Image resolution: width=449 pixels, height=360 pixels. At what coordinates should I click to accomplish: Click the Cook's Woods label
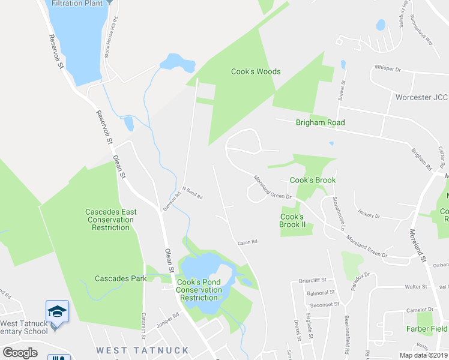click(x=256, y=71)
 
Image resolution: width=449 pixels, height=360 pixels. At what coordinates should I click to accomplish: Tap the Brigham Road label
click(x=321, y=122)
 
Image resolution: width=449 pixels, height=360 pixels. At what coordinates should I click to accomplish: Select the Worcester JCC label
click(x=421, y=97)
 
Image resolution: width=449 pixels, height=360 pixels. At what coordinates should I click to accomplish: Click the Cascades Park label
click(x=120, y=278)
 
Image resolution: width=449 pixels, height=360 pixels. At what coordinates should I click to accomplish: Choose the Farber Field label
click(x=427, y=329)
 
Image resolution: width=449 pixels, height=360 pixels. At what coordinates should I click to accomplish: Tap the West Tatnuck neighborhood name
click(x=143, y=350)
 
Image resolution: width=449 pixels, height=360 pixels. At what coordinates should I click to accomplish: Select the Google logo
click(x=20, y=353)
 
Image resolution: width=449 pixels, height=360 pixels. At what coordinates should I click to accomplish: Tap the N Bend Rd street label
click(x=193, y=196)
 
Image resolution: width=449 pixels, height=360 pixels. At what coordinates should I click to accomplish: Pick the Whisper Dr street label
click(x=387, y=69)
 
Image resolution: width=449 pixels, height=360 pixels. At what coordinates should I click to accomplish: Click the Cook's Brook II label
click(x=293, y=220)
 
